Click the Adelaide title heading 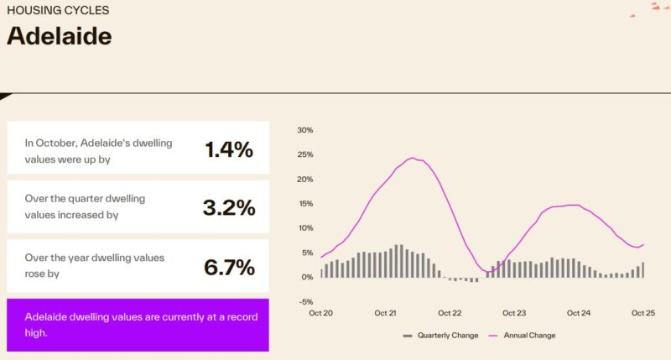tap(59, 36)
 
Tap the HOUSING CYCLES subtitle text tap(57, 11)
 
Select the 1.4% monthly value tap(228, 149)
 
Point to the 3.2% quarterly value tap(228, 207)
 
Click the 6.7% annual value tap(228, 267)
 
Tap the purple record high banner tap(138, 324)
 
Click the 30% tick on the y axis tap(304, 130)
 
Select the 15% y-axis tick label tap(304, 204)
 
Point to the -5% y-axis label tap(304, 302)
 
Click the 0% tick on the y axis tap(306, 277)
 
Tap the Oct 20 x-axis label tap(321, 313)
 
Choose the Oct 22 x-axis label tap(450, 313)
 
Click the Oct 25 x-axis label tap(643, 313)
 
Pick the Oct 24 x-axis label tap(579, 313)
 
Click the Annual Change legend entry tap(523, 336)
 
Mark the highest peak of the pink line tap(413, 158)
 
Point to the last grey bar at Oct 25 tap(642, 269)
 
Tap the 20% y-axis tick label tap(304, 180)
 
